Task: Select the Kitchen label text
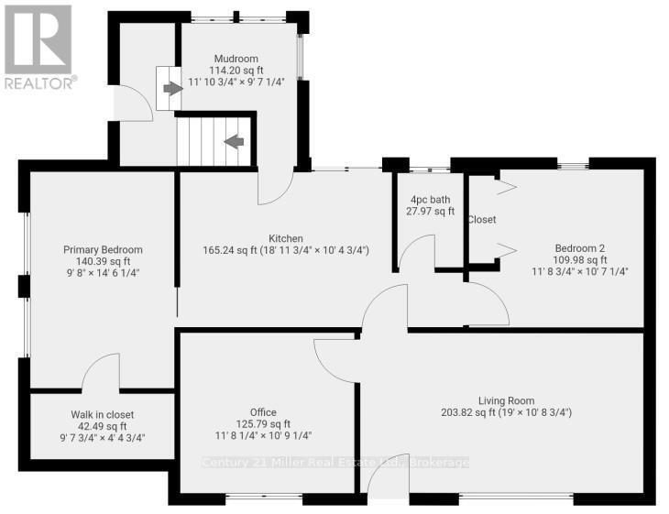(286, 238)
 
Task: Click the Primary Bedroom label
(103, 249)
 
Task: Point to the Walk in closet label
(103, 414)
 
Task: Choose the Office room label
(263, 412)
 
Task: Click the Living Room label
(506, 400)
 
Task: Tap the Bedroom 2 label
(580, 247)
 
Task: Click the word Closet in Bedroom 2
(481, 220)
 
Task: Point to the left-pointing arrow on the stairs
(234, 141)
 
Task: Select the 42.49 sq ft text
(103, 426)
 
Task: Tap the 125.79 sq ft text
(263, 424)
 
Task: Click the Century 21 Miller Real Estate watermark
(334, 462)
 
